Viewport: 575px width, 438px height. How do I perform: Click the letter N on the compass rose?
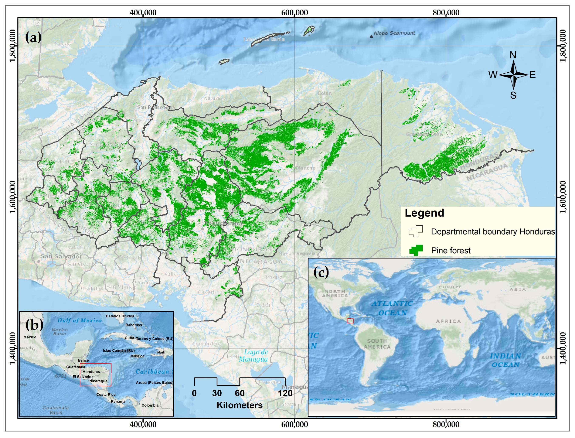tap(513, 55)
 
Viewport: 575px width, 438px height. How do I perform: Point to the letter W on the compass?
tap(493, 75)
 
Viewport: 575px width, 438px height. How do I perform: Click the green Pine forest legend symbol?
tap(416, 250)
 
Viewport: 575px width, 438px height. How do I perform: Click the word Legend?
tap(424, 213)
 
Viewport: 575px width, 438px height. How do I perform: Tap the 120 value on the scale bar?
tap(285, 393)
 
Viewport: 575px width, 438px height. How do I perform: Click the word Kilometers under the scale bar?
tap(239, 405)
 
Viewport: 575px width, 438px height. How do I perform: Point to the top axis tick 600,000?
tap(295, 13)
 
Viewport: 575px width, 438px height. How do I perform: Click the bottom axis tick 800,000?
tap(446, 424)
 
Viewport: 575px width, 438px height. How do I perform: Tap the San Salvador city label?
tap(61, 256)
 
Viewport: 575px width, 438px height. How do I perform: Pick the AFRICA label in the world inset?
tap(448, 321)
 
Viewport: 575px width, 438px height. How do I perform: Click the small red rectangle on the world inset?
tap(350, 321)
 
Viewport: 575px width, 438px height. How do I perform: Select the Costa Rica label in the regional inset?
tap(106, 394)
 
